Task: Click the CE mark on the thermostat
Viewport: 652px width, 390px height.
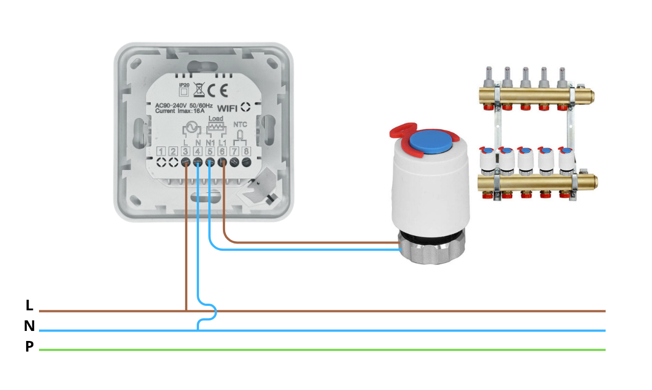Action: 217,90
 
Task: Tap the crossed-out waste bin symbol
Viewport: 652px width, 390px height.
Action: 198,88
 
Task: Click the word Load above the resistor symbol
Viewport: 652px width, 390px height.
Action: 215,119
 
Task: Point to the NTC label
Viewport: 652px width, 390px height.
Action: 240,125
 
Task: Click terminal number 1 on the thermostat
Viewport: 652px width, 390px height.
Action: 161,151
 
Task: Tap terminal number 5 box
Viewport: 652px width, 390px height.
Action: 210,151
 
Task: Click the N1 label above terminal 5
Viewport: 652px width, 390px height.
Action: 210,143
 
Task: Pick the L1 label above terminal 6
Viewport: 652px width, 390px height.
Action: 222,143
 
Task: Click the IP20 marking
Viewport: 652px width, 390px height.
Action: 184,85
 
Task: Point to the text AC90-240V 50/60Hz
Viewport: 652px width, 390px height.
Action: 183,105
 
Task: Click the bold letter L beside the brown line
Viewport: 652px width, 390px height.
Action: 29,305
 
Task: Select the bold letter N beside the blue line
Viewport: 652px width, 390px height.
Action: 29,326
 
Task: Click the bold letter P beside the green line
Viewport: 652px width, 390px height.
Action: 29,347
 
